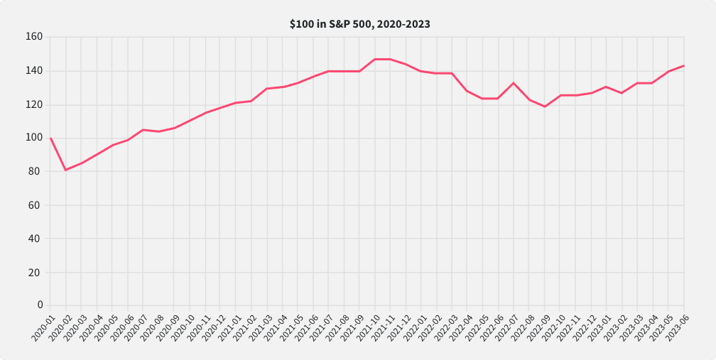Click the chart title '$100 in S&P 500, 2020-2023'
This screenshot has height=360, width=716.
[x=359, y=24]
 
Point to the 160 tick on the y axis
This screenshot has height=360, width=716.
[x=34, y=37]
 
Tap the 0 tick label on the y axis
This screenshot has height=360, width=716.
[x=40, y=305]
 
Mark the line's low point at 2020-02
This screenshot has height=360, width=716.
[x=66, y=170]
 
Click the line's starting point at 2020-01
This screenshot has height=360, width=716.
[x=50, y=138]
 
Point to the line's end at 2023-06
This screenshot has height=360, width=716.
[x=684, y=65]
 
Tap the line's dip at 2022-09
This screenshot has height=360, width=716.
[x=545, y=107]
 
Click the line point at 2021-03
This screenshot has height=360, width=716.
[x=267, y=89]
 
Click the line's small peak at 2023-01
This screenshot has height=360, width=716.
[x=606, y=87]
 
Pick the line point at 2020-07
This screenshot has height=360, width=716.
[x=143, y=130]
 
